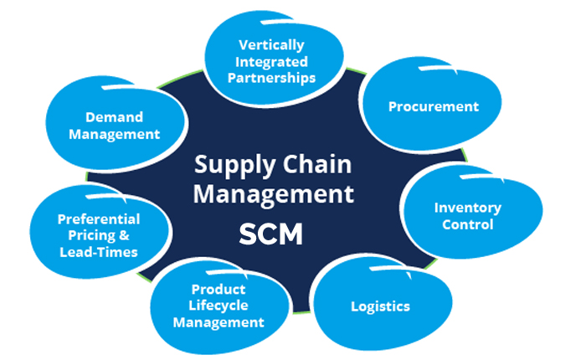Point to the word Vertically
[271, 44]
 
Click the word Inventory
[467, 207]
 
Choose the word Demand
[113, 117]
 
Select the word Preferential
[98, 219]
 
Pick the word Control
[467, 224]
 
